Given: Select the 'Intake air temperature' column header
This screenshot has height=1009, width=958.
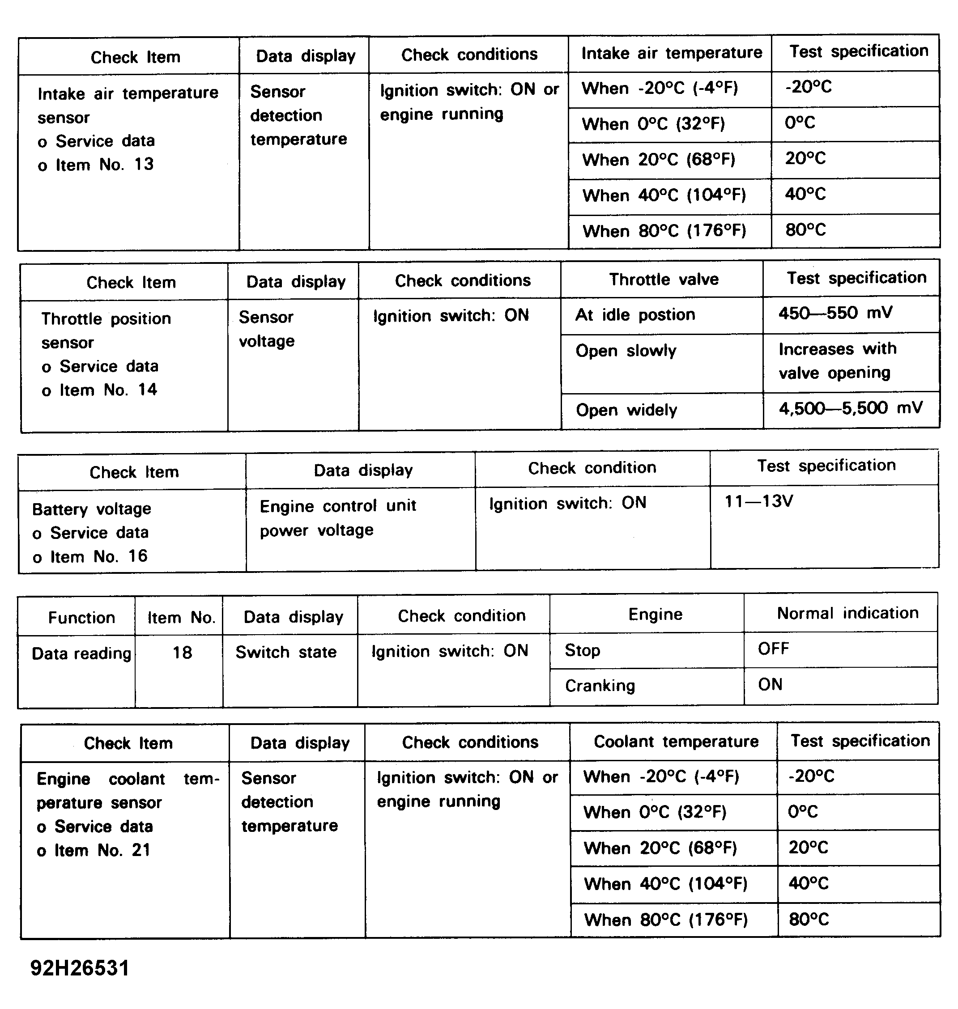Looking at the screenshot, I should pos(671,53).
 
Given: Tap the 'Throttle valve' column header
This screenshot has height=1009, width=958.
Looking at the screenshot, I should pos(663,280).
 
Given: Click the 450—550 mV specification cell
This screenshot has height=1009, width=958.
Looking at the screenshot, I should pos(835,313).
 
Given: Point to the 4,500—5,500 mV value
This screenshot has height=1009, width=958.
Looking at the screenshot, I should pos(850,408).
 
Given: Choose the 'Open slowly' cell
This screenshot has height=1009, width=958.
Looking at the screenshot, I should pos(626,351).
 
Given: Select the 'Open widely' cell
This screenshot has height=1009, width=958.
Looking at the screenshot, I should pos(626,410).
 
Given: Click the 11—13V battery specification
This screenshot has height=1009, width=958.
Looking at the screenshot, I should pos(758,502).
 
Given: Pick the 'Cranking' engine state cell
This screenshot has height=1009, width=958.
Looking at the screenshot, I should pos(600,686).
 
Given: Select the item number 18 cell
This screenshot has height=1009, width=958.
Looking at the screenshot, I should pos(182,653).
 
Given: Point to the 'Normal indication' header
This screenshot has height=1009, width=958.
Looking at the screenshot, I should pos(847,613).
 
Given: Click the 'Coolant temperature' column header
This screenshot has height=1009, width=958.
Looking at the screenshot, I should pos(676,742).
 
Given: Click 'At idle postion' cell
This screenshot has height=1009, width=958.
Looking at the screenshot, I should pos(635,315).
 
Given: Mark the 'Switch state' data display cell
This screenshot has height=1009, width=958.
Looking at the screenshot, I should pos(286,652).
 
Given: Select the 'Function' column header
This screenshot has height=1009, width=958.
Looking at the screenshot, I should pos(81,618).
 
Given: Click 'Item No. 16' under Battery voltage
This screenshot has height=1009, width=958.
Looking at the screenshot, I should pos(98,556).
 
